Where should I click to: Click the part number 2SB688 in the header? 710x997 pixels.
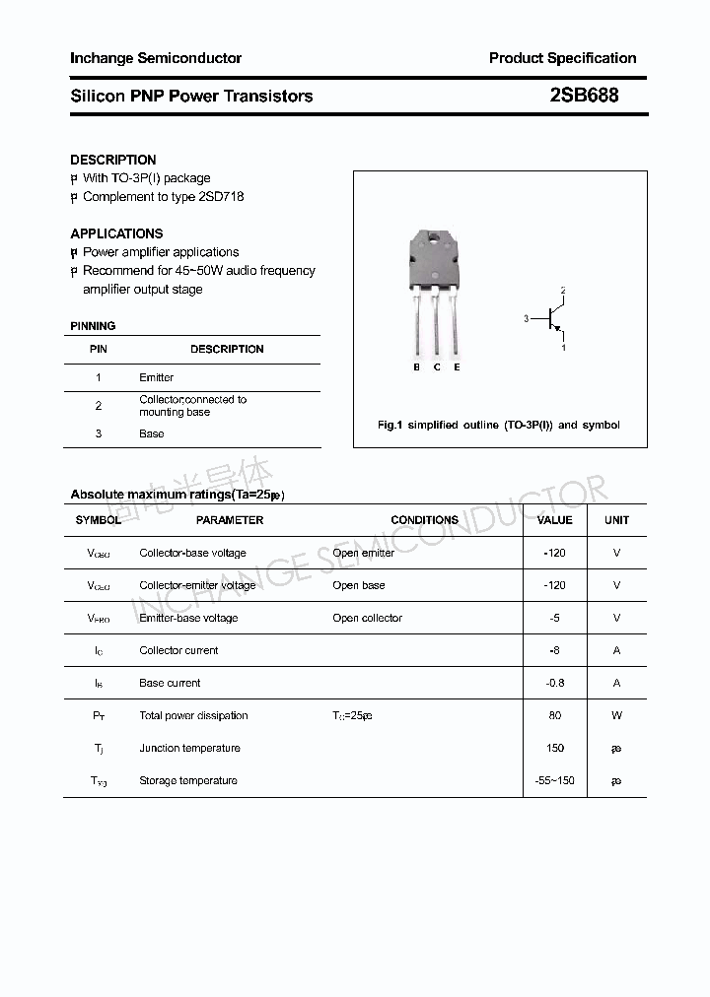tap(585, 96)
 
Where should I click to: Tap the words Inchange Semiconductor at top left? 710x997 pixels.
tap(156, 58)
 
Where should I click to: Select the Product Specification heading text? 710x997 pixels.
tap(562, 58)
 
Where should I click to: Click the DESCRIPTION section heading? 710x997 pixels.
tap(113, 160)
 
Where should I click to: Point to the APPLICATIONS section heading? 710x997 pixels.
tap(116, 233)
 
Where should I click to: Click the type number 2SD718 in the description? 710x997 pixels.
tap(221, 196)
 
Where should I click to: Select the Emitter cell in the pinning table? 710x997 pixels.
tap(156, 377)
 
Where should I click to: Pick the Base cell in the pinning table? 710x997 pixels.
tap(152, 433)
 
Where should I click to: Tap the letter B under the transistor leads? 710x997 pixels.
tap(416, 366)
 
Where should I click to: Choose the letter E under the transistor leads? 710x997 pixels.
tap(457, 366)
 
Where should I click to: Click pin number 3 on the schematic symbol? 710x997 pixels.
tap(527, 318)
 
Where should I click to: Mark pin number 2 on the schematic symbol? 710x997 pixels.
tap(563, 291)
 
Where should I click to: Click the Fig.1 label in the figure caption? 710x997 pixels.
tap(390, 425)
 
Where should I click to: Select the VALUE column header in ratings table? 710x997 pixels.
tap(554, 519)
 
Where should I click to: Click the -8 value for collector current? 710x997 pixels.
tap(554, 650)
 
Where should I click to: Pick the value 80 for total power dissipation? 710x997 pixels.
tap(554, 715)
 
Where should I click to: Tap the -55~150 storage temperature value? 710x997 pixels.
tap(554, 780)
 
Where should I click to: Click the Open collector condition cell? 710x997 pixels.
tap(367, 618)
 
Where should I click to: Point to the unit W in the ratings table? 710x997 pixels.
tap(616, 715)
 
